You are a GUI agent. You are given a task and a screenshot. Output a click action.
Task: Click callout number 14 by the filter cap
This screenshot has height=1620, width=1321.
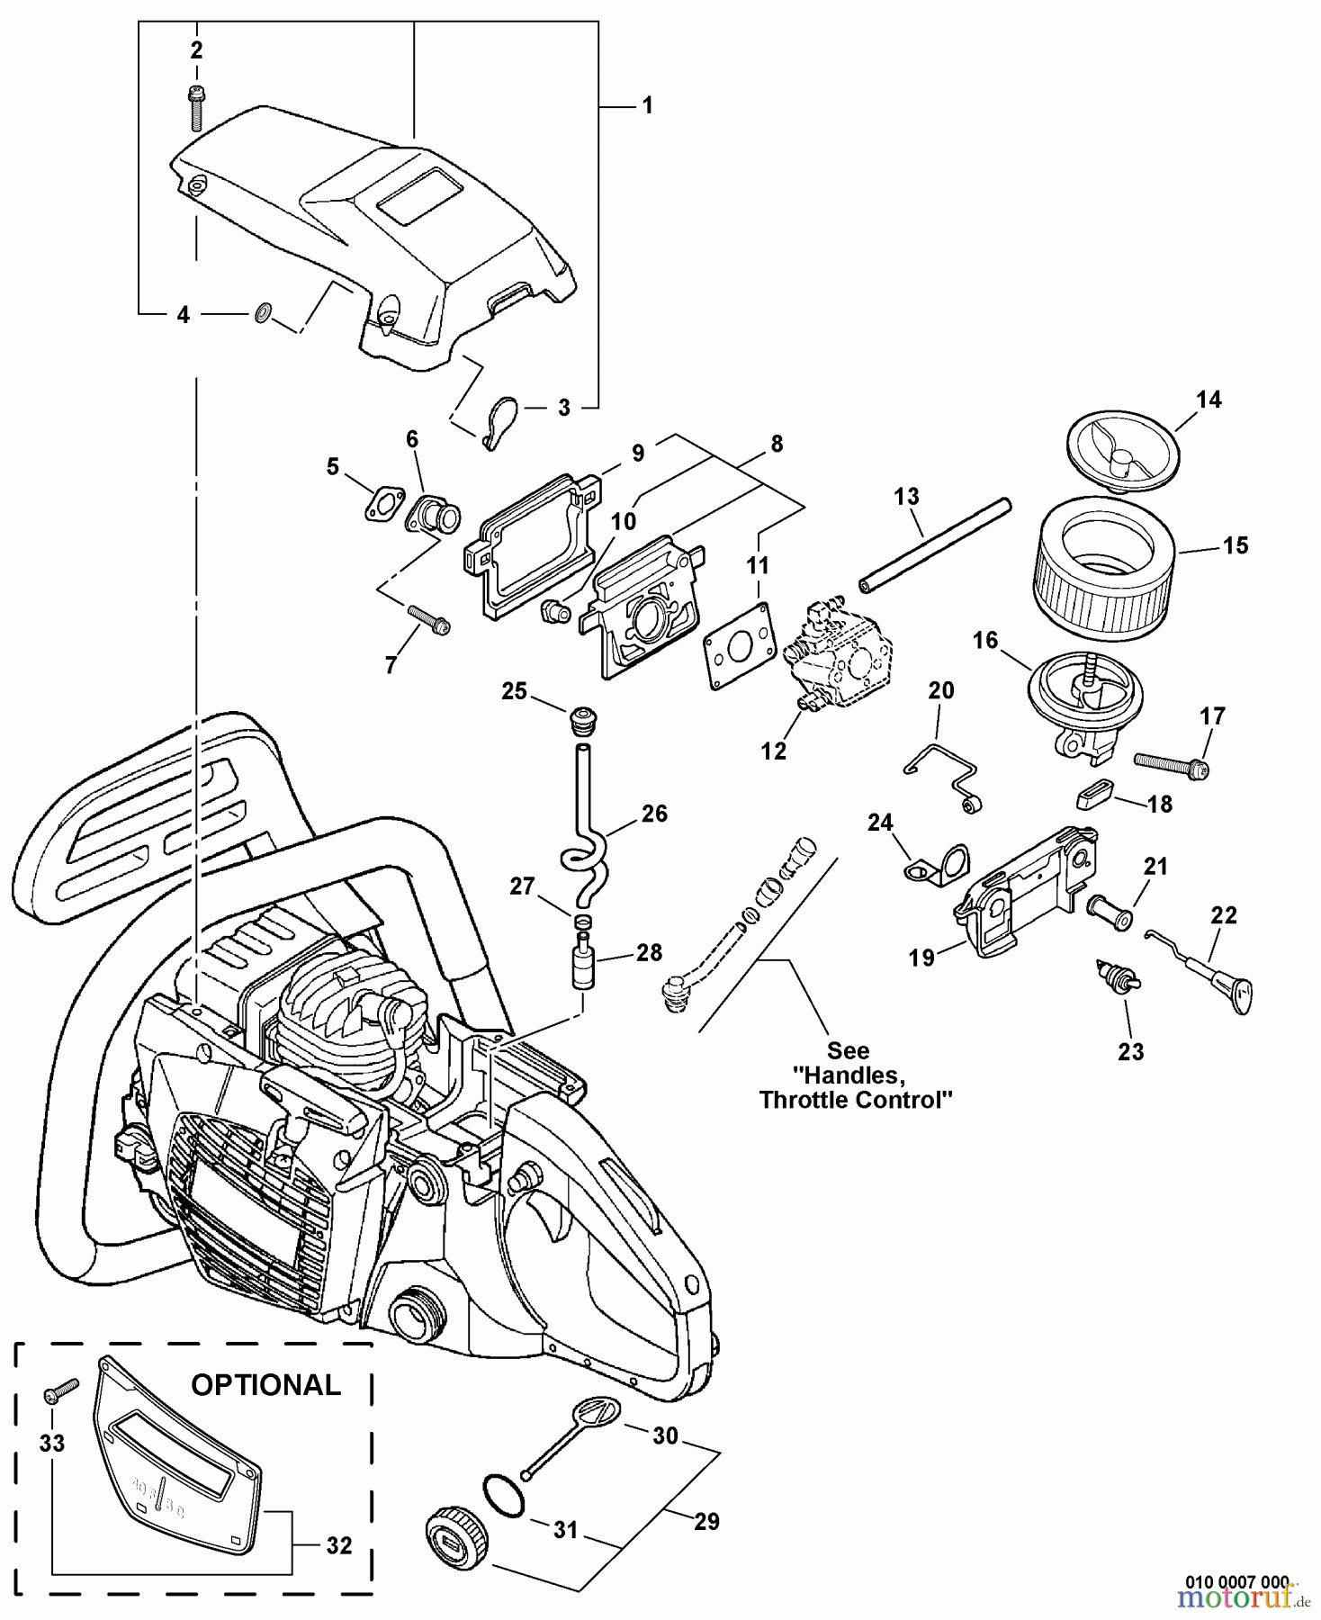(1209, 400)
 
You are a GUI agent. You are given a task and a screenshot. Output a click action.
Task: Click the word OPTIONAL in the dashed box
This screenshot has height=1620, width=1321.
(265, 1385)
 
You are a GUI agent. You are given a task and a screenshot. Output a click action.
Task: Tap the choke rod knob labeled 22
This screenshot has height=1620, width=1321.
(1235, 994)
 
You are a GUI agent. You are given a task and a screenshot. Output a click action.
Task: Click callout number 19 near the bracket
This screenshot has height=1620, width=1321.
(921, 958)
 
